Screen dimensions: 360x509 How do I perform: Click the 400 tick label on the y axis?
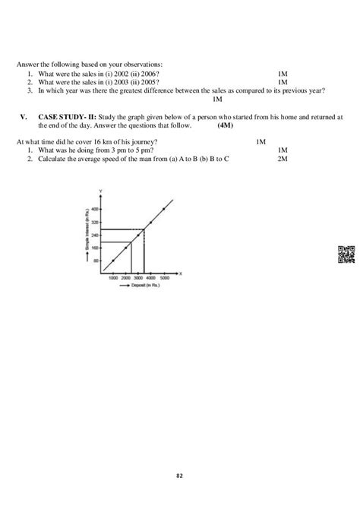[x=95, y=209]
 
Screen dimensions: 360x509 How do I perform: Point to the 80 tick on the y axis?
[x=96, y=261]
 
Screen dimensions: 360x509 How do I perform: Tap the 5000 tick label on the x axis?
[x=163, y=279]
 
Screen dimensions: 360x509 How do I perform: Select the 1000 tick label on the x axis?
[x=113, y=279]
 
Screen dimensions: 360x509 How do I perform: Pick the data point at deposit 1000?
[x=113, y=261]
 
